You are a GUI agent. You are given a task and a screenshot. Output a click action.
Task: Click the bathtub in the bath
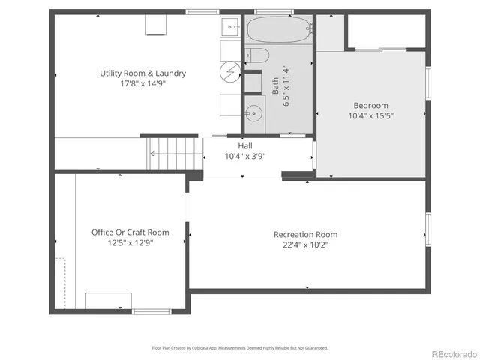click(x=278, y=30)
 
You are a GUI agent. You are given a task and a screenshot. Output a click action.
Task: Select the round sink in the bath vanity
click(x=255, y=115)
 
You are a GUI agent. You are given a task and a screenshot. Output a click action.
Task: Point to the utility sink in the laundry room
click(x=228, y=28)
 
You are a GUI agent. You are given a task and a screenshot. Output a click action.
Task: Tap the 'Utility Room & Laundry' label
click(x=142, y=73)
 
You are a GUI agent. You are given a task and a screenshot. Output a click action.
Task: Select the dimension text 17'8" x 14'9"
click(x=142, y=84)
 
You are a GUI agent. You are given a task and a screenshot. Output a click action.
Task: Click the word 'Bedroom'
click(x=370, y=106)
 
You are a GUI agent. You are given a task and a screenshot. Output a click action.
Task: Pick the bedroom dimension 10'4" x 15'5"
click(x=370, y=116)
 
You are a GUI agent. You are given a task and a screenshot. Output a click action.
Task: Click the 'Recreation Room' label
click(x=305, y=234)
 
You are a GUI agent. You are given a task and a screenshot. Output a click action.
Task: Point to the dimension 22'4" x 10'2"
click(x=305, y=244)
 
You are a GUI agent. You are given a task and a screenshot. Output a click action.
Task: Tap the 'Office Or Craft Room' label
click(x=130, y=232)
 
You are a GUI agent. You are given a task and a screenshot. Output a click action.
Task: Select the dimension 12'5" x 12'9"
click(x=130, y=243)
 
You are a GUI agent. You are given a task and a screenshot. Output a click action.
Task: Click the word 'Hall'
click(x=245, y=146)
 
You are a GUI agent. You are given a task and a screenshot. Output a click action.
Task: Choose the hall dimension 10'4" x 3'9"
click(x=245, y=157)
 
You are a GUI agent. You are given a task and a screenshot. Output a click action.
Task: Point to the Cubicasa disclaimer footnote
click(x=240, y=347)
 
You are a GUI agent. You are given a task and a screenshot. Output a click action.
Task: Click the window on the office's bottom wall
click(x=151, y=310)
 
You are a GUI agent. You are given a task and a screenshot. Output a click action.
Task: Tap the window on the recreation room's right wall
click(x=427, y=229)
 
